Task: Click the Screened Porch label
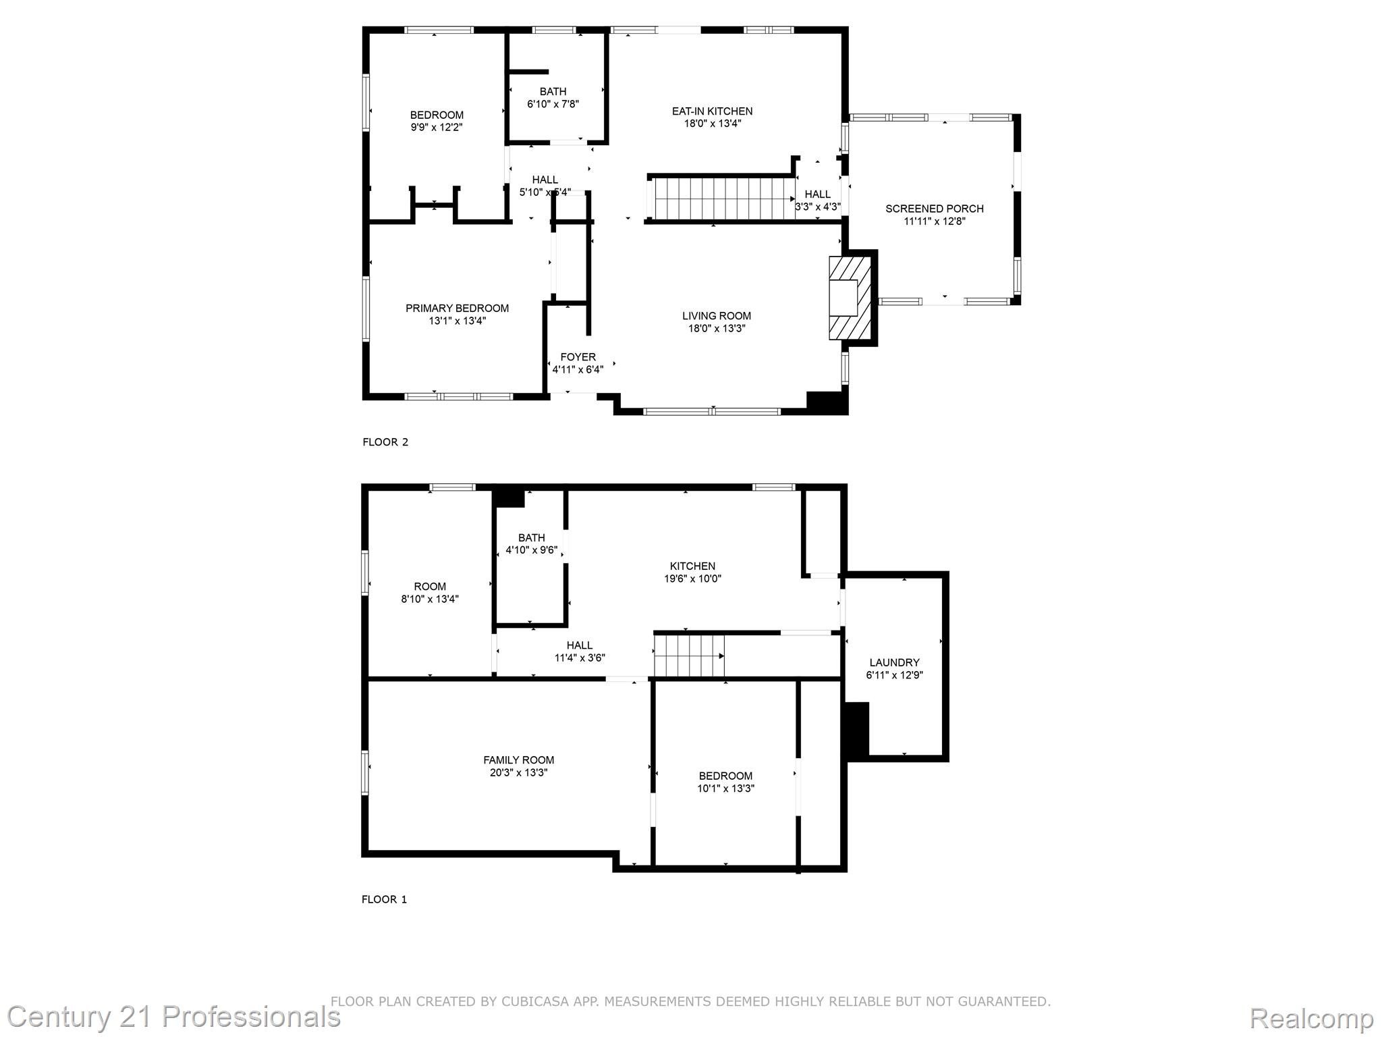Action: (934, 209)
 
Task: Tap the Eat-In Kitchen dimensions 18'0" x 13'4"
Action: (712, 124)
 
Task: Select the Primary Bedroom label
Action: (457, 308)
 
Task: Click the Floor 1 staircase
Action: (688, 656)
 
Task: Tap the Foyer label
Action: (578, 356)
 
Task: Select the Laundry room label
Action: (894, 662)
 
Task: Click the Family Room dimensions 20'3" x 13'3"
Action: (518, 772)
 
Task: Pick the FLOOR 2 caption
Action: (385, 442)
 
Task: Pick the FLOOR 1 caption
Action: (384, 899)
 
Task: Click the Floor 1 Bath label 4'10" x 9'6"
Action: (531, 543)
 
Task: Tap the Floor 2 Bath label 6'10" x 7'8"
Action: (553, 97)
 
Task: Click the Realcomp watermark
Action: (1311, 1018)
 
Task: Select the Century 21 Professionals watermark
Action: (173, 1017)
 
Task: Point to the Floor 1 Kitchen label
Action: (692, 566)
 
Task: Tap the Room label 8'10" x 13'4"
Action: (430, 592)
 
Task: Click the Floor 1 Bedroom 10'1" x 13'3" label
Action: (725, 782)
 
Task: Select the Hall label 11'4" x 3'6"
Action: (579, 651)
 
